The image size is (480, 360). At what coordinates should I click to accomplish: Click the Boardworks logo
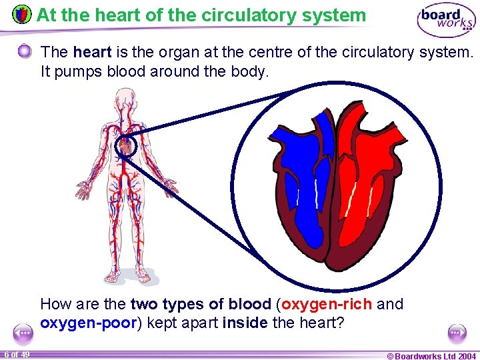coord(445,21)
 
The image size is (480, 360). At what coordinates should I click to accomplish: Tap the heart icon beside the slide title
coord(22,14)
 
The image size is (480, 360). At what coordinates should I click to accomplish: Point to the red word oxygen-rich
coord(327,305)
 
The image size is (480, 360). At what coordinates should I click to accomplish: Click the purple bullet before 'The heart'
coord(25,51)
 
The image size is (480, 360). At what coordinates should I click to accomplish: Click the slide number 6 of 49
coord(17,354)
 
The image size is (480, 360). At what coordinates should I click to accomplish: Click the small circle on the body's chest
coord(125,146)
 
